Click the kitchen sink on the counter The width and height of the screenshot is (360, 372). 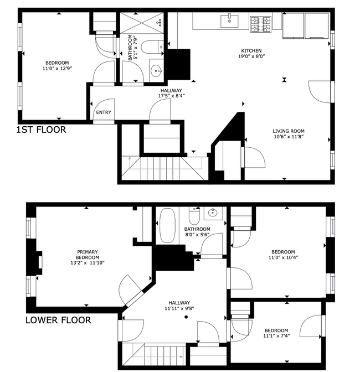point(229,21)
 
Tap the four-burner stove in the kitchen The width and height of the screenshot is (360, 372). point(260,24)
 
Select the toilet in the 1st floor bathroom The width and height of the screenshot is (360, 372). point(152,46)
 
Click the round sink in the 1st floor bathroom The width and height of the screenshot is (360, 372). point(156,71)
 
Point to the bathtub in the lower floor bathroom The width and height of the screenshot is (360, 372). point(168,225)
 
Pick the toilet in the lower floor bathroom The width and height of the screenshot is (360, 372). point(194,216)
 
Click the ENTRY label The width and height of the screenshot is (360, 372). point(104,112)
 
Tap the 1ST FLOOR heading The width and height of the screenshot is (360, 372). point(41,130)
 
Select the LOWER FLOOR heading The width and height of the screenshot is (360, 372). point(58,320)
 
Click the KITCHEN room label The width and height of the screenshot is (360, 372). point(251,50)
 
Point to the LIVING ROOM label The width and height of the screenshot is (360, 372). point(289,131)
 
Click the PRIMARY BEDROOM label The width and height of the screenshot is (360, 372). point(88,255)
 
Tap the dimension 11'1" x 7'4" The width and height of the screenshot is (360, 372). point(276,336)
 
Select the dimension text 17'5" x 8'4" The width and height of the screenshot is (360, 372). point(171,96)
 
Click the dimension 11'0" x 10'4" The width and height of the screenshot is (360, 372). point(283,257)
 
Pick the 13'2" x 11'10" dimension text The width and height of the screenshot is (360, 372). point(88,263)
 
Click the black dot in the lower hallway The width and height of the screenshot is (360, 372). point(186,317)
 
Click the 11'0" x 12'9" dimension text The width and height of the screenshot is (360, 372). point(57,69)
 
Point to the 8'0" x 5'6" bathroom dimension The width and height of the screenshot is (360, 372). point(197,235)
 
